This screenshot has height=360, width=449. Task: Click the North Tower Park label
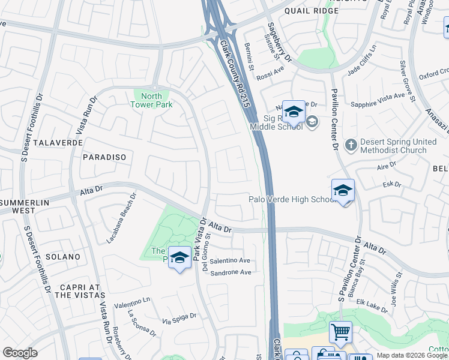click(x=152, y=100)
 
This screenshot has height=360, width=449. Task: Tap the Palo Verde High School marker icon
click(x=343, y=191)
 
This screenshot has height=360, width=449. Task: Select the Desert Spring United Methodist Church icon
click(x=351, y=145)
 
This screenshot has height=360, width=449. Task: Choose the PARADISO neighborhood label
click(x=104, y=157)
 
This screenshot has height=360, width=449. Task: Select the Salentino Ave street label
click(x=229, y=260)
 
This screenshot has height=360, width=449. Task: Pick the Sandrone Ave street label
click(x=230, y=272)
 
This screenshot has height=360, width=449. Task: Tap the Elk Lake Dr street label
click(x=372, y=306)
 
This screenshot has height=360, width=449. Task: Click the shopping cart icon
click(x=340, y=331)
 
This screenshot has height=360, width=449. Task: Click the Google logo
click(x=20, y=353)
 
